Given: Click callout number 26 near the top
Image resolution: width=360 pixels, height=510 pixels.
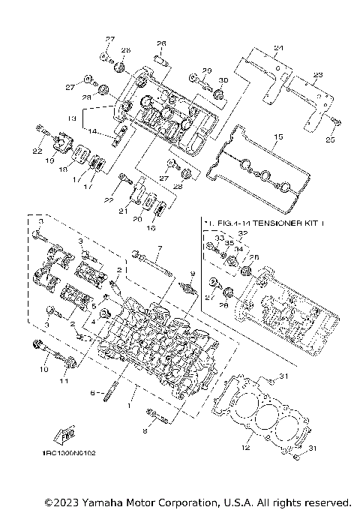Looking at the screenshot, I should [x=160, y=43].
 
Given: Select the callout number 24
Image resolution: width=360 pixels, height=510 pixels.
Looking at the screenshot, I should [x=279, y=49].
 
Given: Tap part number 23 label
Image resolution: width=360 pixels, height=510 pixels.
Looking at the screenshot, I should [x=317, y=75].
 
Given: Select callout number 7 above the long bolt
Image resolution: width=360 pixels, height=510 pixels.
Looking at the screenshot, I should [x=159, y=247].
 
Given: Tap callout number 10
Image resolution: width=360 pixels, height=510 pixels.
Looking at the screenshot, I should [x=43, y=370].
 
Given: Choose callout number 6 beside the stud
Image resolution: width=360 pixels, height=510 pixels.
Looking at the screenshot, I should [x=92, y=392].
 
